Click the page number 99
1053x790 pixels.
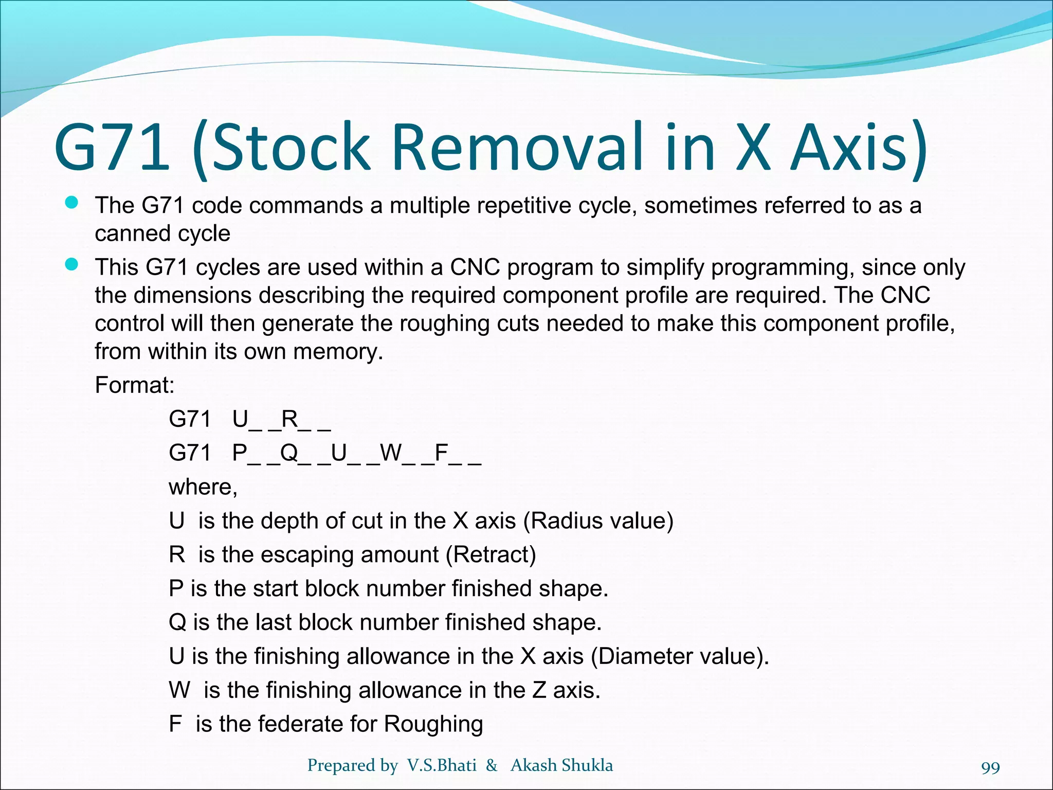pos(990,768)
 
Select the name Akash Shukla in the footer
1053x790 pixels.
pos(561,765)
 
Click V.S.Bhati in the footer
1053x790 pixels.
pos(442,765)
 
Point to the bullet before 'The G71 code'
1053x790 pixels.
pos(71,203)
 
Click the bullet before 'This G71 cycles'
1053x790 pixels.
pos(71,265)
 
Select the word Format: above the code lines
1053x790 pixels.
pos(135,385)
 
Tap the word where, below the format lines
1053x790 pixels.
pos(203,487)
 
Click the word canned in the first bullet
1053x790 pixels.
pos(129,234)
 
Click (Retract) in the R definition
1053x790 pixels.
pos(491,554)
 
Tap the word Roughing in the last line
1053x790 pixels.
pos(433,724)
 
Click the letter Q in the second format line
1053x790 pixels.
pos(289,453)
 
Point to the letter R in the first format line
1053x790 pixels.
pos(289,419)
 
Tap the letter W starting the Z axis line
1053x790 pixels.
pos(179,690)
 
